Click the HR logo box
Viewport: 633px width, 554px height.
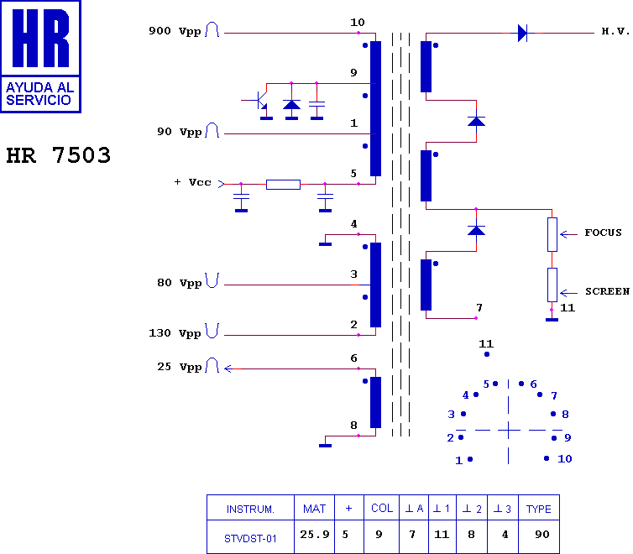coord(41,56)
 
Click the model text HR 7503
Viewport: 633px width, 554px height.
coord(59,156)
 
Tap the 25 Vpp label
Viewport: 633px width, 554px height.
coord(179,367)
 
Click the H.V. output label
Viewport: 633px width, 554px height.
coord(615,31)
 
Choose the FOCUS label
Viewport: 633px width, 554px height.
coord(603,233)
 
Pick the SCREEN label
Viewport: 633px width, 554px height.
coord(606,291)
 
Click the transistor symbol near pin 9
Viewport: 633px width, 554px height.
coord(259,102)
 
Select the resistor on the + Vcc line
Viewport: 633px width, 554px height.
coord(283,184)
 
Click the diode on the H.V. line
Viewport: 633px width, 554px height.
coord(522,33)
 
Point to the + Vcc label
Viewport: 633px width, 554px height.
coord(194,182)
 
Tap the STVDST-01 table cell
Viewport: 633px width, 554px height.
coord(250,538)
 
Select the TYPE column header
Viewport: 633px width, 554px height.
coord(539,509)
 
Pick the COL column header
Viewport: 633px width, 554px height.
coord(382,509)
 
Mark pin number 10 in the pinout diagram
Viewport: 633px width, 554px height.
coord(564,459)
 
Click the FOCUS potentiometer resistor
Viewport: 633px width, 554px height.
coord(552,234)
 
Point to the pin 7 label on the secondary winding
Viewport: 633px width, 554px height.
coord(479,307)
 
